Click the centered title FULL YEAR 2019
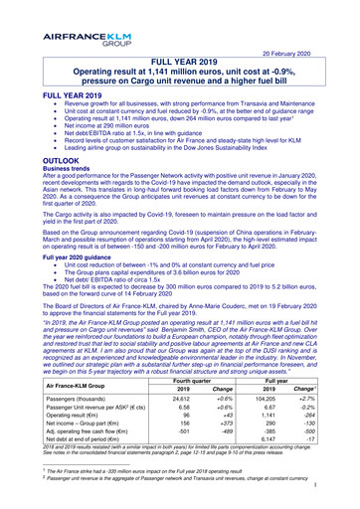[x=179, y=62]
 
